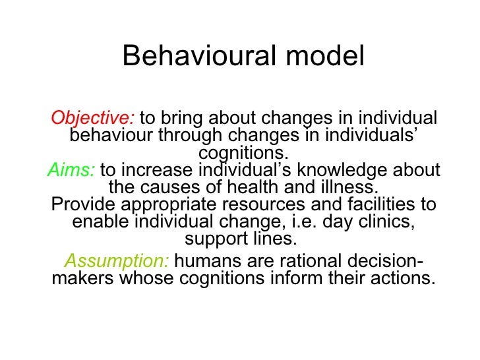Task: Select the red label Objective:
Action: pos(93,119)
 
